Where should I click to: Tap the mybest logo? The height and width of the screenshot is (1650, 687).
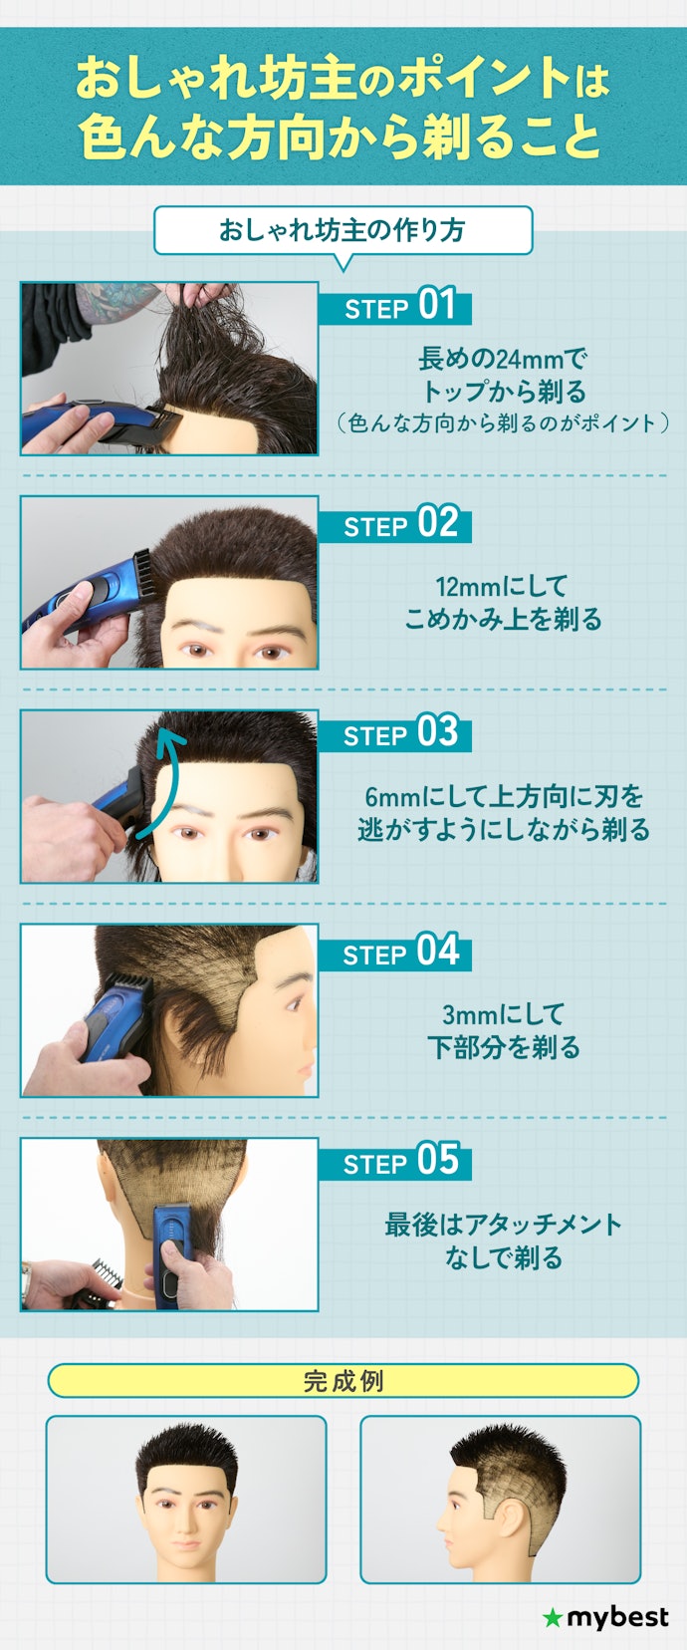point(605,1617)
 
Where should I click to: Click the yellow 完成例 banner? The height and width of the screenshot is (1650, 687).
point(343,1380)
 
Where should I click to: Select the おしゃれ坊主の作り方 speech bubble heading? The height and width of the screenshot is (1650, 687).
point(343,230)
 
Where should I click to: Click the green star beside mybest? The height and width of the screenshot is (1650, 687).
point(553,1617)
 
